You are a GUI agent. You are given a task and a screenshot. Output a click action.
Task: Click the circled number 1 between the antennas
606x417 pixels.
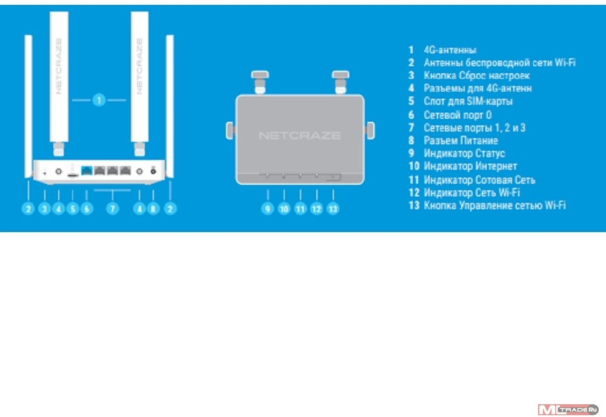tap(99, 99)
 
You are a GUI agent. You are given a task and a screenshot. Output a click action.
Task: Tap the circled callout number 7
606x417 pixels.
tap(112, 208)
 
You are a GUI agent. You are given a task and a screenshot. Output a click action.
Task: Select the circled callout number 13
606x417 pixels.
tap(333, 208)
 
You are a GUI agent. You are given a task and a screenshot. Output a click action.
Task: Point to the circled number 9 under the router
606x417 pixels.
tap(268, 208)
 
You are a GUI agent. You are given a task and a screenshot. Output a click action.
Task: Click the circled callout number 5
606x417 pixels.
tap(73, 208)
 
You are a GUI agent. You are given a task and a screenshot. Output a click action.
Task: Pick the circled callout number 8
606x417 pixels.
tap(153, 208)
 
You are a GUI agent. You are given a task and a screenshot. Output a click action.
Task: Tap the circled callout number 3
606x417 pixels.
tap(44, 208)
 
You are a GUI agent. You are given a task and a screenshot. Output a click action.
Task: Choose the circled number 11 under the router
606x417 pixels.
tap(301, 208)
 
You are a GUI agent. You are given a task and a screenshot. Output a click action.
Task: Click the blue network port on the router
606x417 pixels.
tap(86, 172)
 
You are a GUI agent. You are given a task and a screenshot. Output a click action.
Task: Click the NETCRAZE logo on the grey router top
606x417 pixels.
tap(299, 135)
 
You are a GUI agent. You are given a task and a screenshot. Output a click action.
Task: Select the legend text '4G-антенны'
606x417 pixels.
tap(450, 50)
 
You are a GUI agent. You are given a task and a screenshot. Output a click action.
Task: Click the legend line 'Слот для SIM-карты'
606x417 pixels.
tap(468, 101)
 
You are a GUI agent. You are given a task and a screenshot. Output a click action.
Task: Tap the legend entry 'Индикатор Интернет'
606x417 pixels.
tap(470, 166)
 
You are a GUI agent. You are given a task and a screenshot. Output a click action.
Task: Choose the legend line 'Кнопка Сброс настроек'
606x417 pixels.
tap(476, 76)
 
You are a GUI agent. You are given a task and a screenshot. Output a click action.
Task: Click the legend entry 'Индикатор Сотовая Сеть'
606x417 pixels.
tap(479, 180)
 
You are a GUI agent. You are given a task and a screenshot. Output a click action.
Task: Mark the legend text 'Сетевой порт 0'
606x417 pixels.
tap(458, 115)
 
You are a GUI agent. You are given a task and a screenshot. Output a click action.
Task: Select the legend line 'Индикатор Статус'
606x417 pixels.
tap(464, 153)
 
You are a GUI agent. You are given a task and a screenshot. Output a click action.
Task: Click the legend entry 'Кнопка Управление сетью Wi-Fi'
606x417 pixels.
tap(494, 206)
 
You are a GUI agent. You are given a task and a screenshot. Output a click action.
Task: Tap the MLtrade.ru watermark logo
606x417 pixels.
tap(568, 410)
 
